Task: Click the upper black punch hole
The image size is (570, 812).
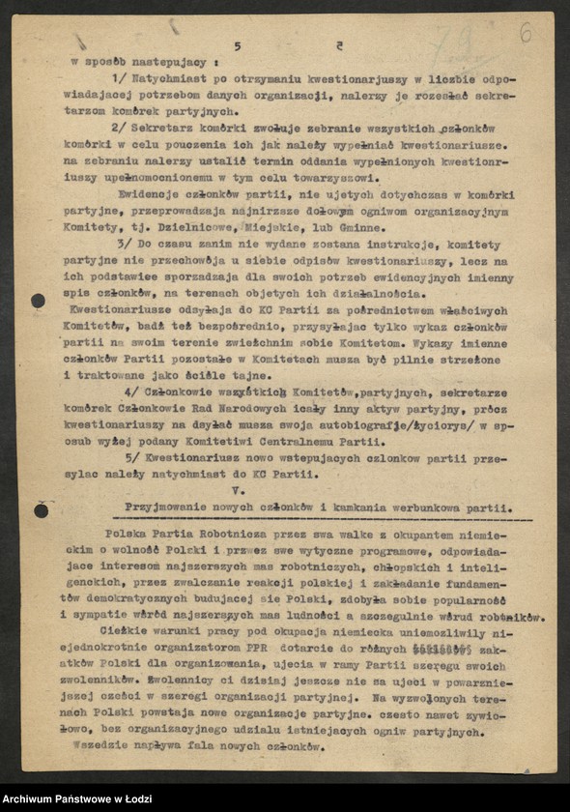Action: coord(39,301)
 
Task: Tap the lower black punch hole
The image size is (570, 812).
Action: coord(41,509)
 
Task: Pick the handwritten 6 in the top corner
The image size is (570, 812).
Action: coord(527,32)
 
